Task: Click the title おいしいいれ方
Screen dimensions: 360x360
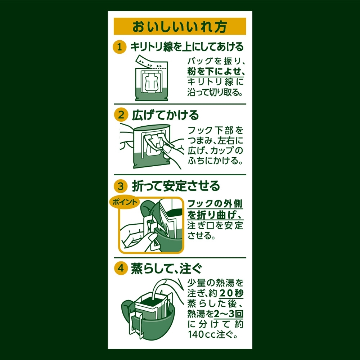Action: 180,27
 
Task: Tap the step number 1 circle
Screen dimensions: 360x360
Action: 120,47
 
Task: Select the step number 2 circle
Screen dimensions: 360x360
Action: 121,115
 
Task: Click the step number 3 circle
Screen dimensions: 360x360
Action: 121,186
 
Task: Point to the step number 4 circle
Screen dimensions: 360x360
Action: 121,268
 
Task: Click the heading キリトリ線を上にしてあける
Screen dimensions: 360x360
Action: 187,47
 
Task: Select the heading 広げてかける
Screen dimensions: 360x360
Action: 165,115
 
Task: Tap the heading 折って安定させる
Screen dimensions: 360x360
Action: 176,186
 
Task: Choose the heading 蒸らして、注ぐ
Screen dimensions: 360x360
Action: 166,268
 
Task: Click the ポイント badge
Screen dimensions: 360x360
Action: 125,202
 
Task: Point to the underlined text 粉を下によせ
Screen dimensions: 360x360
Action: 213,71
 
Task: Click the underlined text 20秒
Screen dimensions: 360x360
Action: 231,293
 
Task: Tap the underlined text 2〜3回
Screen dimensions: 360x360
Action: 229,314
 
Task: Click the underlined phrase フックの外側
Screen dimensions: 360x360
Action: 215,204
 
